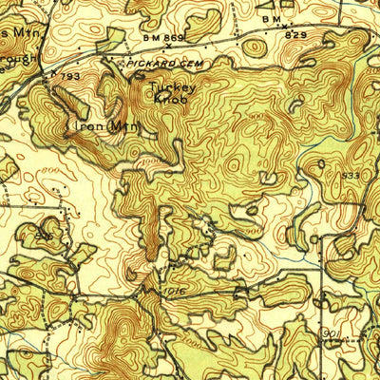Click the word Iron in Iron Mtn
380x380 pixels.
point(79,124)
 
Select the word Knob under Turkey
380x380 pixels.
point(171,97)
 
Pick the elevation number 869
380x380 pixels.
point(174,35)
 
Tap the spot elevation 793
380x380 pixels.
point(69,72)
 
